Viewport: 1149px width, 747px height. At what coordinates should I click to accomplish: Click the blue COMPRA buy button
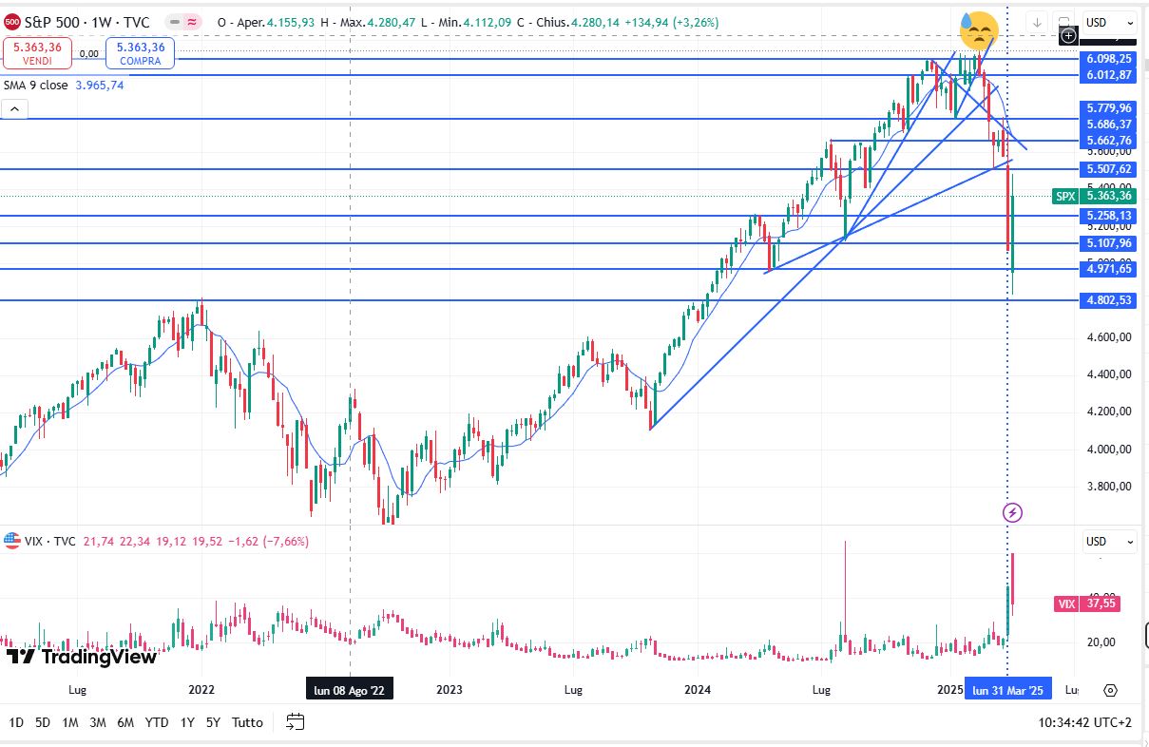click(x=141, y=52)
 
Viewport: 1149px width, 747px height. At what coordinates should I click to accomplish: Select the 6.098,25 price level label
click(x=1108, y=59)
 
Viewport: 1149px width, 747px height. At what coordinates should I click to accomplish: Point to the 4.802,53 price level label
click(x=1108, y=300)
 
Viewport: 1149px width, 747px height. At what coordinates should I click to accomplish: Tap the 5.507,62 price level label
click(x=1108, y=169)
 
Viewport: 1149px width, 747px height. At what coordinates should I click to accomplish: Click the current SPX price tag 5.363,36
click(x=1108, y=196)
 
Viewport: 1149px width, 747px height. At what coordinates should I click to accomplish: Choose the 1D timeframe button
click(x=16, y=722)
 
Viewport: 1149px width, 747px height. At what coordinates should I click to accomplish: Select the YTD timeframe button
click(x=157, y=722)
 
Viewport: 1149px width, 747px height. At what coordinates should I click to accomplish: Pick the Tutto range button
click(x=247, y=722)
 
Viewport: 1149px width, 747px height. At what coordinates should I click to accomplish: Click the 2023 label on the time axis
click(x=449, y=689)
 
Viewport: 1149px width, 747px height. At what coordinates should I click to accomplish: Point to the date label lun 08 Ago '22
click(x=350, y=689)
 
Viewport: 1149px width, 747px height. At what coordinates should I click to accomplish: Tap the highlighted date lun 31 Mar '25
click(x=1007, y=689)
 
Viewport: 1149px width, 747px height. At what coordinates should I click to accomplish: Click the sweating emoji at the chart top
click(x=978, y=31)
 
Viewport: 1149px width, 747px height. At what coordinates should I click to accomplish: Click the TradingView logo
click(x=81, y=656)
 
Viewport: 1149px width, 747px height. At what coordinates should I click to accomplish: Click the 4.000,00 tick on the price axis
click(x=1108, y=449)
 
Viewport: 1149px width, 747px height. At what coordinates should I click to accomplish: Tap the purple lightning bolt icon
click(x=1012, y=513)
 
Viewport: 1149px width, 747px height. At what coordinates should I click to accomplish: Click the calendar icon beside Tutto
click(x=296, y=722)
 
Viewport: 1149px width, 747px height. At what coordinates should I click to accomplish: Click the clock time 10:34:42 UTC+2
click(x=1085, y=722)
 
